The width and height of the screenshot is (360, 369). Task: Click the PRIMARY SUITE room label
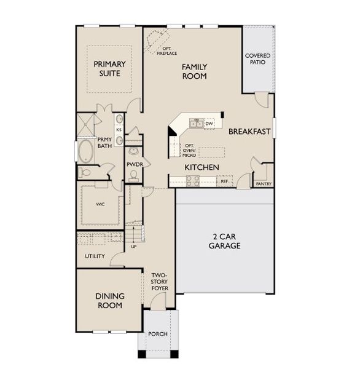tap(109, 69)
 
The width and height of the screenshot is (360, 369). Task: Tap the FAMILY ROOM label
tap(195, 71)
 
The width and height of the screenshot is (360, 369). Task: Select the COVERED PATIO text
tap(258, 59)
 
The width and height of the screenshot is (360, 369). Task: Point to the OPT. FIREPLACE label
tap(166, 51)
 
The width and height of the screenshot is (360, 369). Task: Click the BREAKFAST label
tap(249, 132)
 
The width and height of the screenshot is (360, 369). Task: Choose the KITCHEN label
tap(202, 167)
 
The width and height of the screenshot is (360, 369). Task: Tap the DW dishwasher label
tap(209, 124)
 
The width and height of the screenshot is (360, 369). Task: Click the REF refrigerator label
tap(224, 181)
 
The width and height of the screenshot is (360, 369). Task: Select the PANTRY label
tap(264, 183)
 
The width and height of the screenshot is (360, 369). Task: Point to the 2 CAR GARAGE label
tap(225, 241)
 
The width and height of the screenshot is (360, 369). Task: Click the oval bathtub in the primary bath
tap(86, 151)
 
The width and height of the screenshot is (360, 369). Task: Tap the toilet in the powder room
tap(133, 176)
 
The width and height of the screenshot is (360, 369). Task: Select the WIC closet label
tap(100, 204)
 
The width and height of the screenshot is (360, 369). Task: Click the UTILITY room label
tap(95, 256)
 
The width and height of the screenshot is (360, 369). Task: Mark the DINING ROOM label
tap(110, 301)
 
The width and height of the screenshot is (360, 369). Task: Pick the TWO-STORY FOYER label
tap(160, 282)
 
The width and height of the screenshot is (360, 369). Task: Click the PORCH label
tap(158, 334)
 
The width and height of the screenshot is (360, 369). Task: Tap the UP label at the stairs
tap(133, 247)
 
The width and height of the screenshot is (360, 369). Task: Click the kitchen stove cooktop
tap(192, 181)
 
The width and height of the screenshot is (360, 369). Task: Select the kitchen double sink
tap(197, 123)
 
